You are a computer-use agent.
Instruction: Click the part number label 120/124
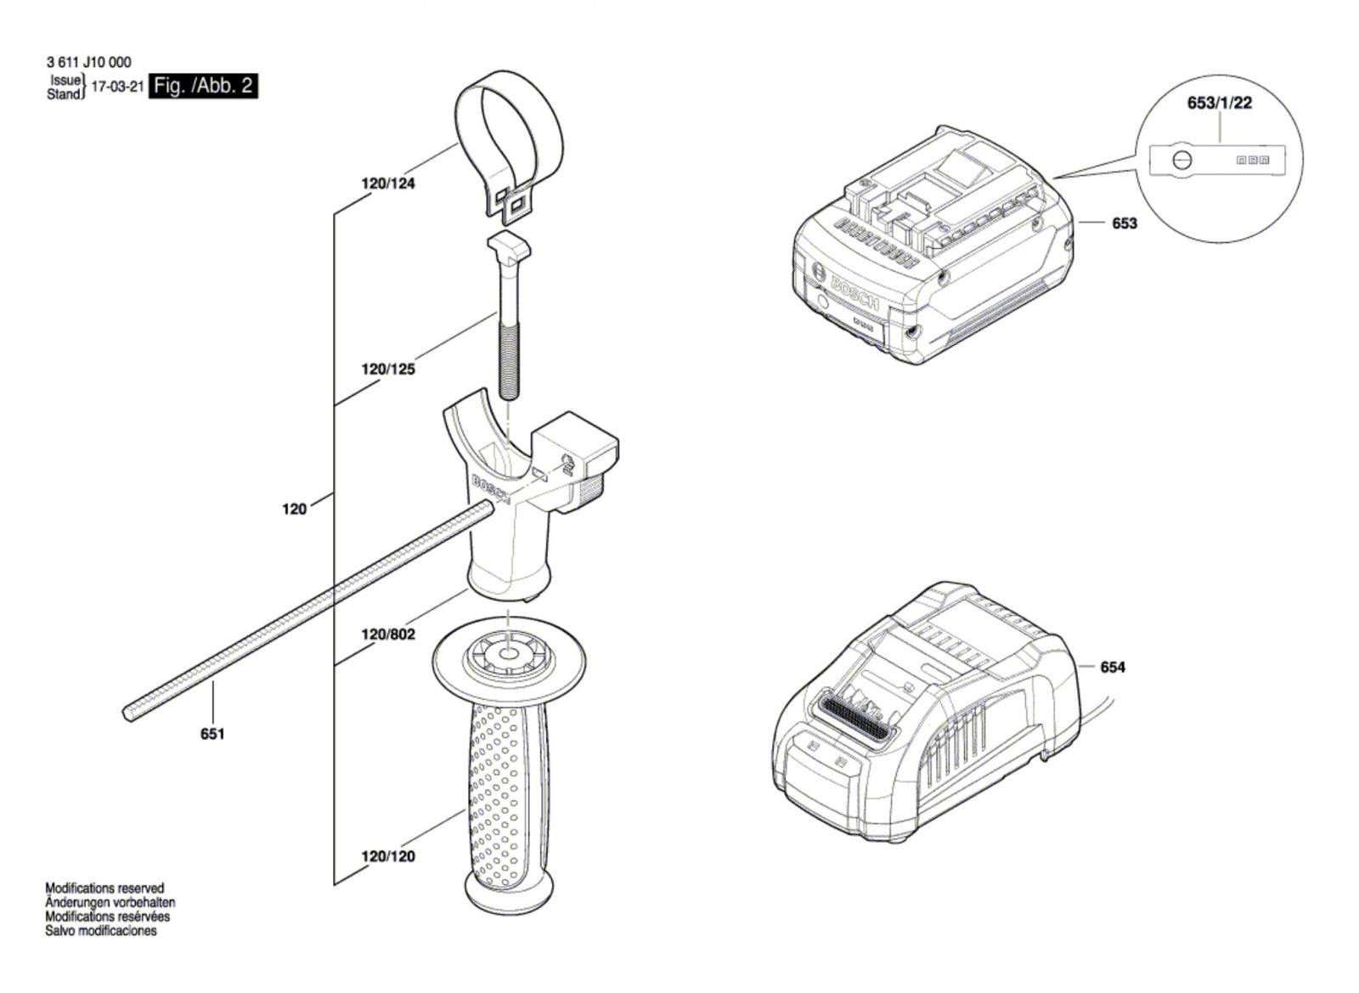coord(388,183)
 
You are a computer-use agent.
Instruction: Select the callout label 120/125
coord(388,369)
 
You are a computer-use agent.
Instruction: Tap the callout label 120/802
coord(388,635)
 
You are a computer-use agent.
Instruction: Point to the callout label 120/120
coord(388,856)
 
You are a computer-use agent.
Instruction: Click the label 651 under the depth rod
coord(212,734)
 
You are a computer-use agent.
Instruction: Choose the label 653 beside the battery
coord(1125,223)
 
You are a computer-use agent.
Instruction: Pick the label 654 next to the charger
coord(1113,668)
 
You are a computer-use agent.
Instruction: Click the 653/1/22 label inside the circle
coord(1220,103)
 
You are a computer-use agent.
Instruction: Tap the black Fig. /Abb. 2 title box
coord(203,86)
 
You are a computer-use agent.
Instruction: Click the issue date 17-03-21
coord(118,87)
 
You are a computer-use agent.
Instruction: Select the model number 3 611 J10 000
coord(88,63)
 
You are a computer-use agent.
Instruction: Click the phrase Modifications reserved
coord(104,888)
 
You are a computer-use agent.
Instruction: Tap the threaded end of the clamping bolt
coord(508,361)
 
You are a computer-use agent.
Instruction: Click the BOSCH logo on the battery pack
coord(854,294)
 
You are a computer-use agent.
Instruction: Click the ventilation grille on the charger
coord(854,723)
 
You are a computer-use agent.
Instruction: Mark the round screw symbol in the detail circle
coord(1181,161)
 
